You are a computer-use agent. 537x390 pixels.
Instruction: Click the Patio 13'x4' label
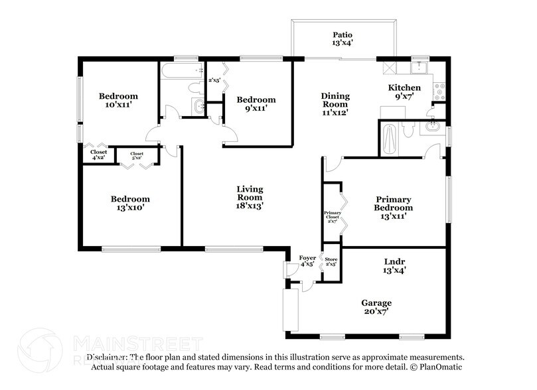[343, 39]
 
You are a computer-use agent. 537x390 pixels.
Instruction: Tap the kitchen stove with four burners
[439, 89]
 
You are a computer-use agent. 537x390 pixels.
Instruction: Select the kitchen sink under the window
[420, 66]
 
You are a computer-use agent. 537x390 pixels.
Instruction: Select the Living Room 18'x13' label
[250, 198]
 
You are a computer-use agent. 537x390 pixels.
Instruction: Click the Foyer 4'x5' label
[307, 261]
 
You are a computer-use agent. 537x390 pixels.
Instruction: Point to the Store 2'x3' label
[331, 261]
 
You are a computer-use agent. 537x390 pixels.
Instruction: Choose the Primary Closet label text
[332, 217]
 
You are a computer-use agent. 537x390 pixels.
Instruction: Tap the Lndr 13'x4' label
[394, 265]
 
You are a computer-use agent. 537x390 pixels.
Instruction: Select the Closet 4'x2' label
[98, 155]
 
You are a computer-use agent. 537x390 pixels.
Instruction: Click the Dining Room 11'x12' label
[335, 104]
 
